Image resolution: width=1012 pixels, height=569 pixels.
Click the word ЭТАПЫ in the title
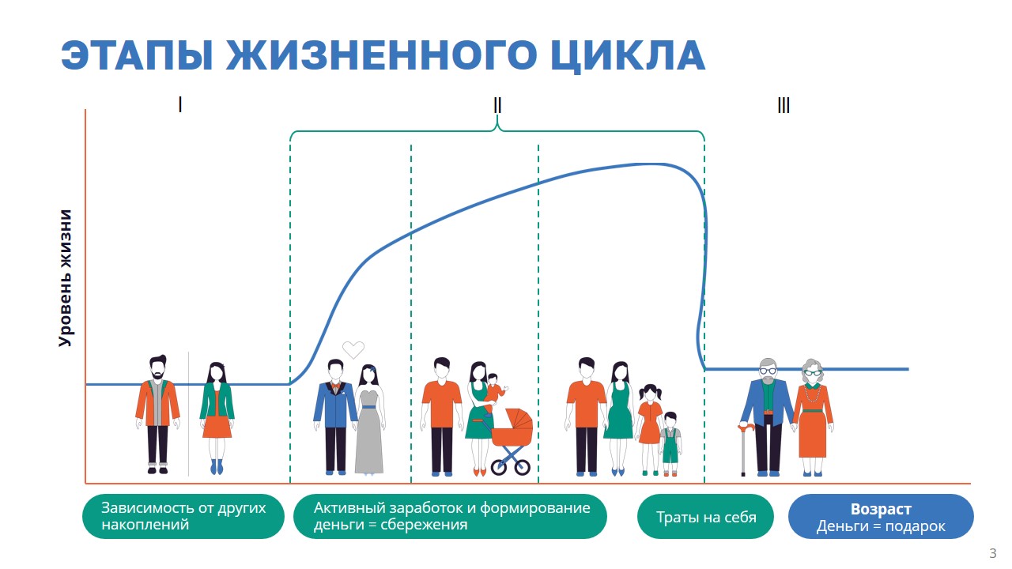(137, 55)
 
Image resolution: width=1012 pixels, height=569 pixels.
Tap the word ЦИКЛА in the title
(628, 56)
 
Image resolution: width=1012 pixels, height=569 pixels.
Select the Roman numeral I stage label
(180, 105)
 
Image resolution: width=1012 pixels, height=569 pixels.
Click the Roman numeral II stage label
(497, 106)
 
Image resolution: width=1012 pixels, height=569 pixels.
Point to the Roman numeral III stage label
(784, 106)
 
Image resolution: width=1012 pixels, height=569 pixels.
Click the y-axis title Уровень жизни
(66, 277)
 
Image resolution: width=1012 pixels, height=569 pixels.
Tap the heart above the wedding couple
(353, 349)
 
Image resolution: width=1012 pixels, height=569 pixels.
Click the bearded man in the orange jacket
(157, 414)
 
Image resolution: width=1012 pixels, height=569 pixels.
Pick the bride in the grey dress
(370, 420)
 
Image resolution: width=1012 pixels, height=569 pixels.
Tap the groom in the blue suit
(335, 417)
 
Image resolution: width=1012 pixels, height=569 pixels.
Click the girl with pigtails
(649, 429)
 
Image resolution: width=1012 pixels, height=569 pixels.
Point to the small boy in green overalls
(670, 444)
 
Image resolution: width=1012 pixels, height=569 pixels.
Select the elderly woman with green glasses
(813, 417)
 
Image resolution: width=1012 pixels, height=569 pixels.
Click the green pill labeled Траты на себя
(705, 517)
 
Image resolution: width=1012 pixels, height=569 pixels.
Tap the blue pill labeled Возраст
(881, 517)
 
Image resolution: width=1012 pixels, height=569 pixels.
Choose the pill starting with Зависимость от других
(183, 517)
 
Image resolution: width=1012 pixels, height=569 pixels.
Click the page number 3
(992, 553)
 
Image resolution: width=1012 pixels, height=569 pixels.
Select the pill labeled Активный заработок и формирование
(450, 517)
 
